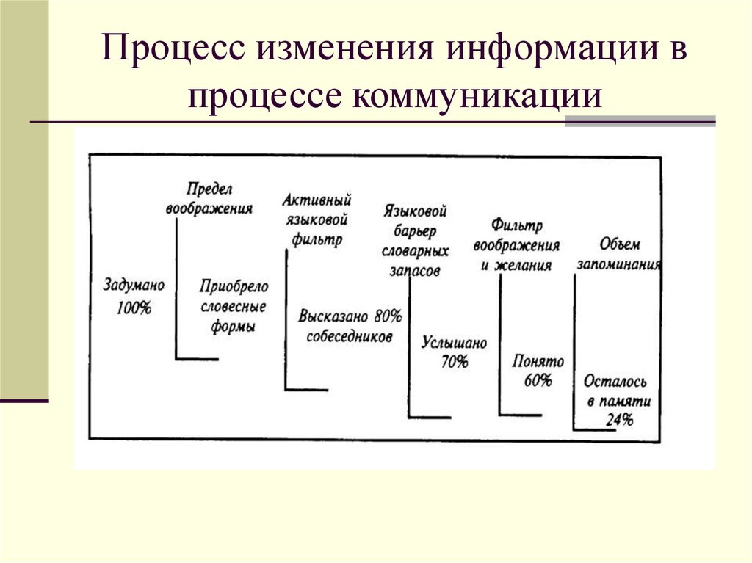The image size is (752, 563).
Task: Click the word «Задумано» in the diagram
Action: pos(134,283)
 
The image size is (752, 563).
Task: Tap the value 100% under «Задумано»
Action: pos(134,308)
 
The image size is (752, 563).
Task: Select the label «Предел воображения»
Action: pos(209,198)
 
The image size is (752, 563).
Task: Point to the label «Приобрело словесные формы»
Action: pos(234,306)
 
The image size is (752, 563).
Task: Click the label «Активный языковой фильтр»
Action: pos(317,219)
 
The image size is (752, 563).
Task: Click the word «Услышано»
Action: pos(455,343)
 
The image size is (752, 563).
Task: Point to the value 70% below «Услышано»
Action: pos(455,361)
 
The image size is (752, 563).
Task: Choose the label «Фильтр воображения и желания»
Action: pos(516,245)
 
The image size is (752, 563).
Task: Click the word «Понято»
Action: pos(538,361)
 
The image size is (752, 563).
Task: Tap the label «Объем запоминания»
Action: pos(619,254)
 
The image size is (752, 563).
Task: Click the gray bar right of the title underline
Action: pos(640,121)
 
